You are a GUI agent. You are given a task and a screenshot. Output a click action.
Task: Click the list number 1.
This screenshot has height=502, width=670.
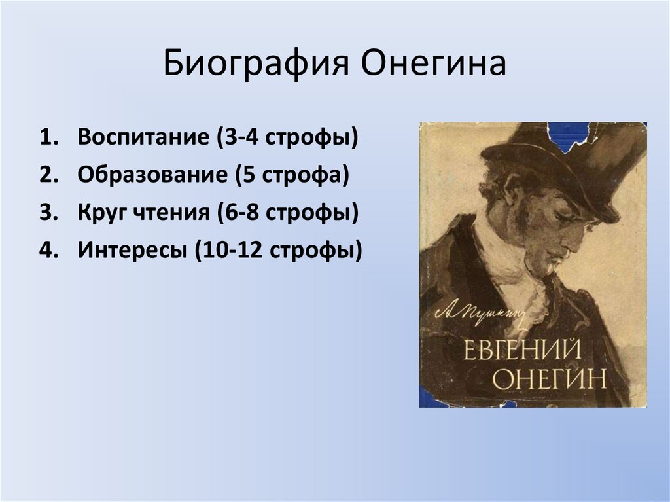click(46, 139)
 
